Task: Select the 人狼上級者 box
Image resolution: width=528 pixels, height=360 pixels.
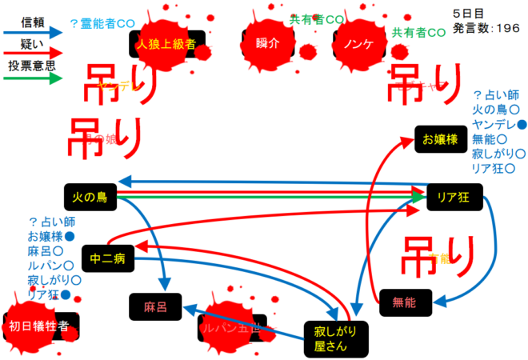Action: pyautogui.click(x=166, y=44)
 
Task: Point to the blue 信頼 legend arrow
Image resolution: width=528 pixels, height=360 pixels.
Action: pyautogui.click(x=32, y=32)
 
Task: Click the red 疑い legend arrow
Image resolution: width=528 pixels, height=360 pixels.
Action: pyautogui.click(x=32, y=54)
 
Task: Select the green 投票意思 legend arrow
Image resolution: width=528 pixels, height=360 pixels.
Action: pyautogui.click(x=32, y=78)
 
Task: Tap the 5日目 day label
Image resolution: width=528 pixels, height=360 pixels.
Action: pyautogui.click(x=468, y=14)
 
